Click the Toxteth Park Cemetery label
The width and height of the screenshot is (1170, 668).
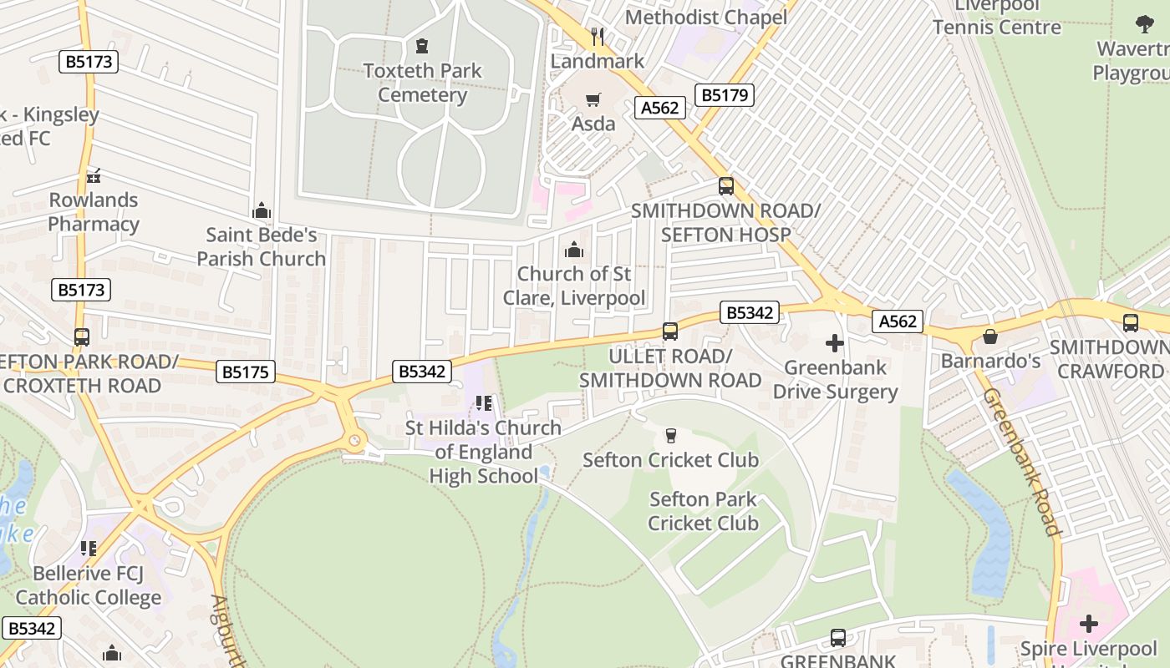[422, 82]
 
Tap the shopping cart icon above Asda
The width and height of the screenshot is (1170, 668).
[593, 100]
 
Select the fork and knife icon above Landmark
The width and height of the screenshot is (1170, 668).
[598, 36]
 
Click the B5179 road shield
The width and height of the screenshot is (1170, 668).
[725, 95]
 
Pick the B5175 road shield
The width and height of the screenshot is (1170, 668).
[246, 372]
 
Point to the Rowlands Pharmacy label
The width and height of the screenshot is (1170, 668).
[94, 212]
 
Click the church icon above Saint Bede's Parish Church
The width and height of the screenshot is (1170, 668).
[262, 210]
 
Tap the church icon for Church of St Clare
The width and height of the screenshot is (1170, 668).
[573, 250]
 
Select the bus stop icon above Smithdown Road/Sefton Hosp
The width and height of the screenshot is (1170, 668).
[725, 186]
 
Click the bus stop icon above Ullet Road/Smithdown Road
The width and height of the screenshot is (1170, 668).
[670, 331]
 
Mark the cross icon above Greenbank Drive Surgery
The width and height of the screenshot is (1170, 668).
[834, 343]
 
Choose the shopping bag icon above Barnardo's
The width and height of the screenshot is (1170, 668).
[990, 337]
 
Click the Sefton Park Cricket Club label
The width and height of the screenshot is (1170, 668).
[703, 511]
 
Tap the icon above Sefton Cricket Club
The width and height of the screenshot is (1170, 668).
[670, 435]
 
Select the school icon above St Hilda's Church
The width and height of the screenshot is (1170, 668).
[483, 404]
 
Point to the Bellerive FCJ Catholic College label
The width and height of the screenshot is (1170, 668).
[89, 585]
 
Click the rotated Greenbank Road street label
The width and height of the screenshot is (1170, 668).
[1020, 462]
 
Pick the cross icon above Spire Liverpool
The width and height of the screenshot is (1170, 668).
[1088, 624]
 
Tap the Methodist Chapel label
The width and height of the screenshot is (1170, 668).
[706, 17]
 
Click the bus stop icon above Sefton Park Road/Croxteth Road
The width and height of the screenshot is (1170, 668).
[81, 337]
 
